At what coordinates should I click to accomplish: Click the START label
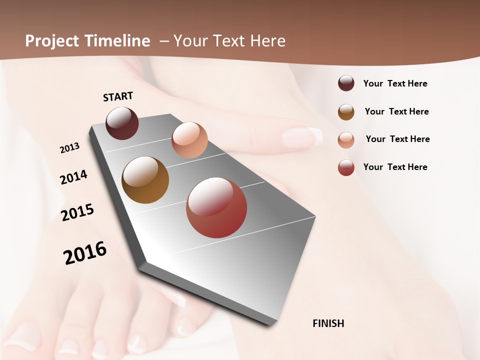click(118, 96)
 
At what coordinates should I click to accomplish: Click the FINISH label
click(328, 323)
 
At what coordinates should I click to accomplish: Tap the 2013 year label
click(70, 148)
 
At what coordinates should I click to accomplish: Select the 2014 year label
click(74, 177)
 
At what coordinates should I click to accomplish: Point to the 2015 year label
click(77, 212)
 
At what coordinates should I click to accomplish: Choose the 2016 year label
click(85, 252)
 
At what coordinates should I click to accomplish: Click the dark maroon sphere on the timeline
click(122, 123)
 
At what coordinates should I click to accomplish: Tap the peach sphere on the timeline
click(189, 139)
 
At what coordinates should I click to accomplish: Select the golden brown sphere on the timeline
click(145, 180)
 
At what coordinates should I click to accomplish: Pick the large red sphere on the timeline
click(216, 207)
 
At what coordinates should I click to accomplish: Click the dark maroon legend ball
click(346, 83)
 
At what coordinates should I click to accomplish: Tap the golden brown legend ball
click(346, 112)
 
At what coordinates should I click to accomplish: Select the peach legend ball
click(346, 139)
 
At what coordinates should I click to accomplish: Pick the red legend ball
click(346, 167)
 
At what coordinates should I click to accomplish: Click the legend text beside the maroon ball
click(395, 83)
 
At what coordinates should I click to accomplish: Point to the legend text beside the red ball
click(395, 167)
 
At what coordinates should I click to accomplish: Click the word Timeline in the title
click(117, 41)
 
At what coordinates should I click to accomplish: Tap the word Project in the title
click(52, 41)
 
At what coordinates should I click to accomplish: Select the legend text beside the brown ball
click(396, 111)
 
